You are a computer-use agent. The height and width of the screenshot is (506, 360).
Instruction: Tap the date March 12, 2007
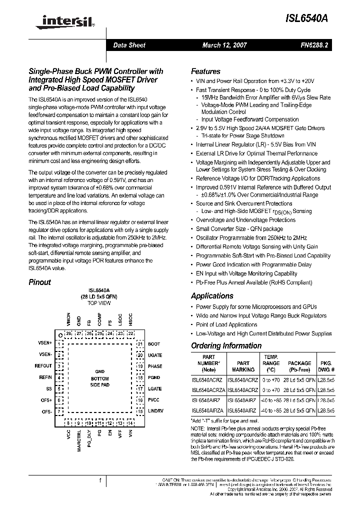[x=222, y=45]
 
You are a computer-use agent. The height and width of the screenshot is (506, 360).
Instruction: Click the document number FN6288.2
[x=313, y=45]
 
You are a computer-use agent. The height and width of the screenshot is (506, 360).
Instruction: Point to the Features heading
[x=205, y=71]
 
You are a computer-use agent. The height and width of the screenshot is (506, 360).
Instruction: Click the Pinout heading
[x=39, y=282]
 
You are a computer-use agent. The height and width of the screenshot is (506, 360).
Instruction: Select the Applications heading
[x=212, y=295]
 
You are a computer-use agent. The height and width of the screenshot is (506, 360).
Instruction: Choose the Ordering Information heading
[x=226, y=345]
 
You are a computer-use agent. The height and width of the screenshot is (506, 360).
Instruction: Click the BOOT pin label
[x=154, y=344]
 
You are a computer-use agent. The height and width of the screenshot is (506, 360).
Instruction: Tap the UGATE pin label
[x=155, y=355]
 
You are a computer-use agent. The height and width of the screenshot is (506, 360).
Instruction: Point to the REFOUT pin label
[x=43, y=366]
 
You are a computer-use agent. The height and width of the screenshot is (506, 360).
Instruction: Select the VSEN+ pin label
[x=44, y=343]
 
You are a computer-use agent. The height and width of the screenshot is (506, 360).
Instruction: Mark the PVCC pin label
[x=154, y=399]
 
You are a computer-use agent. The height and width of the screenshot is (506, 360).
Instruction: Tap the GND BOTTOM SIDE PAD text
[x=99, y=378]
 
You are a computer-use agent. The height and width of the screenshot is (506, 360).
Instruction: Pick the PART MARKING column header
[x=243, y=366]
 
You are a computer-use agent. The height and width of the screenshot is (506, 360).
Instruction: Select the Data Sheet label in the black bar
[x=129, y=45]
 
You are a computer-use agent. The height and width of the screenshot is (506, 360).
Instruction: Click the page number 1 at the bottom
[x=100, y=481]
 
